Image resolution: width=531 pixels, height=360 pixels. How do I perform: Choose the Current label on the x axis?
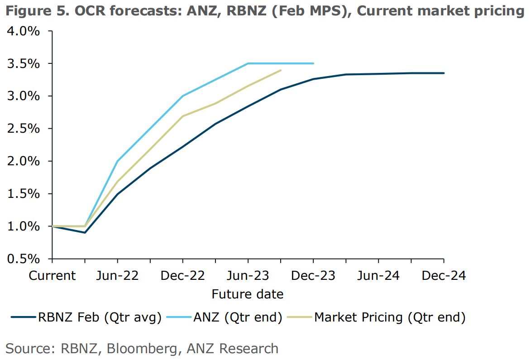(x=53, y=276)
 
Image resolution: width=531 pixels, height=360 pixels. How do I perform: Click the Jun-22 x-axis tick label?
(x=118, y=276)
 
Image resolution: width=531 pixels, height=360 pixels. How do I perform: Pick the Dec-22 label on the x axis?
(x=183, y=276)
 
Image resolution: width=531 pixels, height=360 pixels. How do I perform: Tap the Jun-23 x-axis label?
(x=248, y=276)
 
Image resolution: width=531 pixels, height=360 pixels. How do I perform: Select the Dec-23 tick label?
(x=313, y=276)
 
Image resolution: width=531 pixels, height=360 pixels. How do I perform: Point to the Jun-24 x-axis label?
(x=378, y=276)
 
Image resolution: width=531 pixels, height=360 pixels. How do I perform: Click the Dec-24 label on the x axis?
(x=444, y=276)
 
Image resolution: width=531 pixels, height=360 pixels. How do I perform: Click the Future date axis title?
(x=247, y=294)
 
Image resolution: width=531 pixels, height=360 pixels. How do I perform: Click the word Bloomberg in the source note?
(x=144, y=348)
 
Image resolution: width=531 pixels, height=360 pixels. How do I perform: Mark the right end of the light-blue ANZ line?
(x=313, y=63)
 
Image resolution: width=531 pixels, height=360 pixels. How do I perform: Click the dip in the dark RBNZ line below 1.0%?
(x=85, y=232)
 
